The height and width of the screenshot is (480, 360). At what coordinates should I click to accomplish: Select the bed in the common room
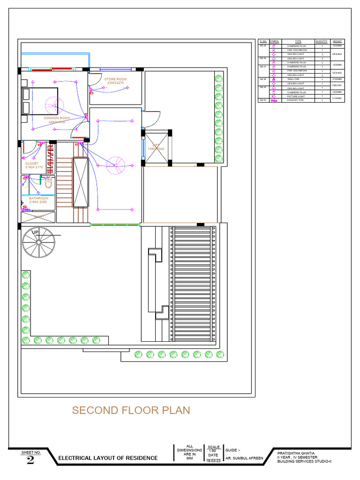(40, 101)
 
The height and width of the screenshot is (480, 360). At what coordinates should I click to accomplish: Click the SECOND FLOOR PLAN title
(131, 410)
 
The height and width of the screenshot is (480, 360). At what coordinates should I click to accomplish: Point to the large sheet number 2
(30, 460)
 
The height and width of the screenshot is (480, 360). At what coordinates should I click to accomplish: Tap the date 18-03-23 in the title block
(213, 461)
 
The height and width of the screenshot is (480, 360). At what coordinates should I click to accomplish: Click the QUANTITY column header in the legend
(322, 41)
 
